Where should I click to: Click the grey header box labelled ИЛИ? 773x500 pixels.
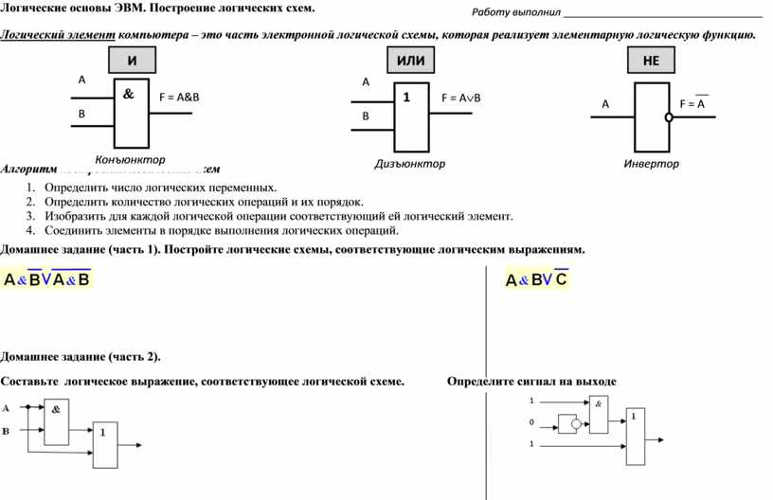pos(410,61)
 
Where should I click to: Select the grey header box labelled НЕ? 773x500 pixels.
pos(651,61)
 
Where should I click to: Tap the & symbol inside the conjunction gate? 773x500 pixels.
pos(128,95)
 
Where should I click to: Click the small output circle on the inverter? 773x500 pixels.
pos(668,117)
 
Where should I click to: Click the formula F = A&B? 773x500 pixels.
pos(179,97)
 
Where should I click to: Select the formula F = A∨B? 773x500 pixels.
pos(461,98)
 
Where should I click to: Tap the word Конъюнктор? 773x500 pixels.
pos(130,159)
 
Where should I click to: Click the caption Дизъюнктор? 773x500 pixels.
pos(409,164)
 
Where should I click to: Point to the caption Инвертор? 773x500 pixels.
pos(651,164)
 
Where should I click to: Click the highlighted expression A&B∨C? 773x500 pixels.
pos(536,279)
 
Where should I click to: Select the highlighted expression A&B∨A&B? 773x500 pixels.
pos(46,279)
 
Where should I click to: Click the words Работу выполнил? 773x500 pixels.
pos(516,13)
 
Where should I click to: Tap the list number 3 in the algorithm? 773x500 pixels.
pos(30,216)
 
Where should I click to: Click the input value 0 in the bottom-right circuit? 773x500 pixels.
pos(531,422)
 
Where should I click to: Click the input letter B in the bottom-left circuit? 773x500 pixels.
pos(6,431)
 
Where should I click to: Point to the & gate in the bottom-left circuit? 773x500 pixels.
pos(56,420)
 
